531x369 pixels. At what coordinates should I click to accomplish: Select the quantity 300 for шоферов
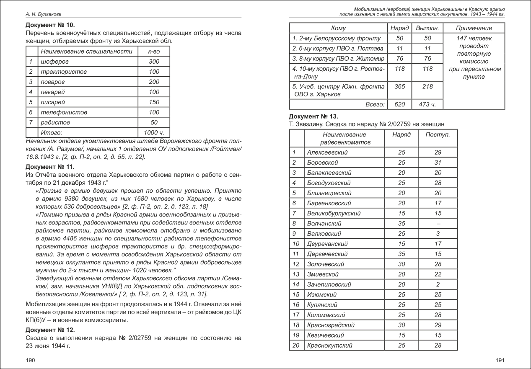click(x=154, y=62)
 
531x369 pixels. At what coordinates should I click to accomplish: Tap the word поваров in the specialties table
click(x=52, y=82)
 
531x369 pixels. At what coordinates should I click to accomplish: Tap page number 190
click(x=31, y=360)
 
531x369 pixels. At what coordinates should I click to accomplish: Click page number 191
click(x=500, y=360)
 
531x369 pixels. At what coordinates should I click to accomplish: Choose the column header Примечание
click(x=474, y=28)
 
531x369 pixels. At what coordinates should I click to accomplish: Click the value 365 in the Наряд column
click(x=399, y=86)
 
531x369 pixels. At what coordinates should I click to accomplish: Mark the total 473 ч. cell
click(x=427, y=104)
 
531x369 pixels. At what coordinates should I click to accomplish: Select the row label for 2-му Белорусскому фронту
click(x=337, y=39)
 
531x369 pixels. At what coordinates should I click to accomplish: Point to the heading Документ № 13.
click(x=313, y=116)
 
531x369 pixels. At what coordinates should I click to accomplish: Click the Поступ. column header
click(x=438, y=135)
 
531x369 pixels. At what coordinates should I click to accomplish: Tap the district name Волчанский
click(x=324, y=224)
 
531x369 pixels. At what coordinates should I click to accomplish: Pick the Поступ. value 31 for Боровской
click(x=438, y=163)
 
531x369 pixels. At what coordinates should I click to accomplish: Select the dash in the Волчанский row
click(x=438, y=224)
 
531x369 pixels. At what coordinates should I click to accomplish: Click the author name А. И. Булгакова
click(x=44, y=14)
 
